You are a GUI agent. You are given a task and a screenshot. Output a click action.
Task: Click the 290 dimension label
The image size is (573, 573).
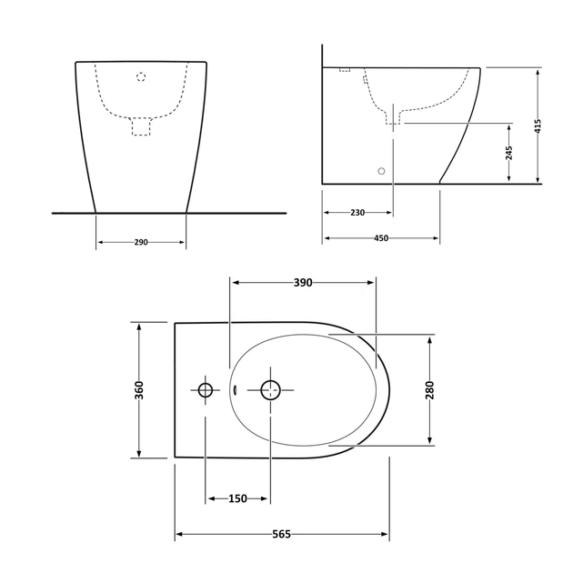tap(141, 242)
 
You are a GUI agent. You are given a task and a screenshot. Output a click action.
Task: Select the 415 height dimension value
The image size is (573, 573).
tap(538, 126)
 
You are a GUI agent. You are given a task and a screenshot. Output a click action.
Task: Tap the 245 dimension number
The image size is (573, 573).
tap(509, 153)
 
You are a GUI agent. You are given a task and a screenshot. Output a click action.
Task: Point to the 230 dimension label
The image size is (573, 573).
tap(357, 213)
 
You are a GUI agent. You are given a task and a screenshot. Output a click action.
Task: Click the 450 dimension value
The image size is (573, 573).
tap(381, 238)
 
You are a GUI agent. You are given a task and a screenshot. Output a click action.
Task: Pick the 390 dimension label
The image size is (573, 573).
tap(303, 283)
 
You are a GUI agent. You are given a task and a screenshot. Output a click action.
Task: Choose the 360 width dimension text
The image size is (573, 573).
tap(139, 390)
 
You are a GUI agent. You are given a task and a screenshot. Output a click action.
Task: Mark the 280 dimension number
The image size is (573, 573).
tap(429, 390)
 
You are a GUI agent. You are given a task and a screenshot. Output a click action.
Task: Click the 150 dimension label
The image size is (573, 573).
tap(238, 498)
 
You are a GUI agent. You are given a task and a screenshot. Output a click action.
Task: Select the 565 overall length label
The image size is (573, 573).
tap(282, 535)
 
